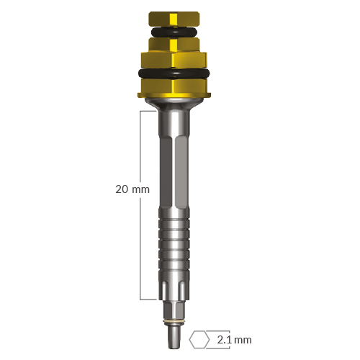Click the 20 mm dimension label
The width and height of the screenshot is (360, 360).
[132, 189]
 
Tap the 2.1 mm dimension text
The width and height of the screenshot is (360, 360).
[234, 340]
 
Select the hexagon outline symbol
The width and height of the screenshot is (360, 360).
[199, 340]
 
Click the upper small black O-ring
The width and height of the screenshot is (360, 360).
[174, 32]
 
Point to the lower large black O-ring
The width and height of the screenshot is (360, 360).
[174, 73]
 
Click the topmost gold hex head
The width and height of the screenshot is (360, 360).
[174, 19]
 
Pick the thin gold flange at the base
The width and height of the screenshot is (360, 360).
[174, 95]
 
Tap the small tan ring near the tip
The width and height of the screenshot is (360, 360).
[174, 322]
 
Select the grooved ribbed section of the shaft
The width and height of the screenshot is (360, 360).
[174, 243]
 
